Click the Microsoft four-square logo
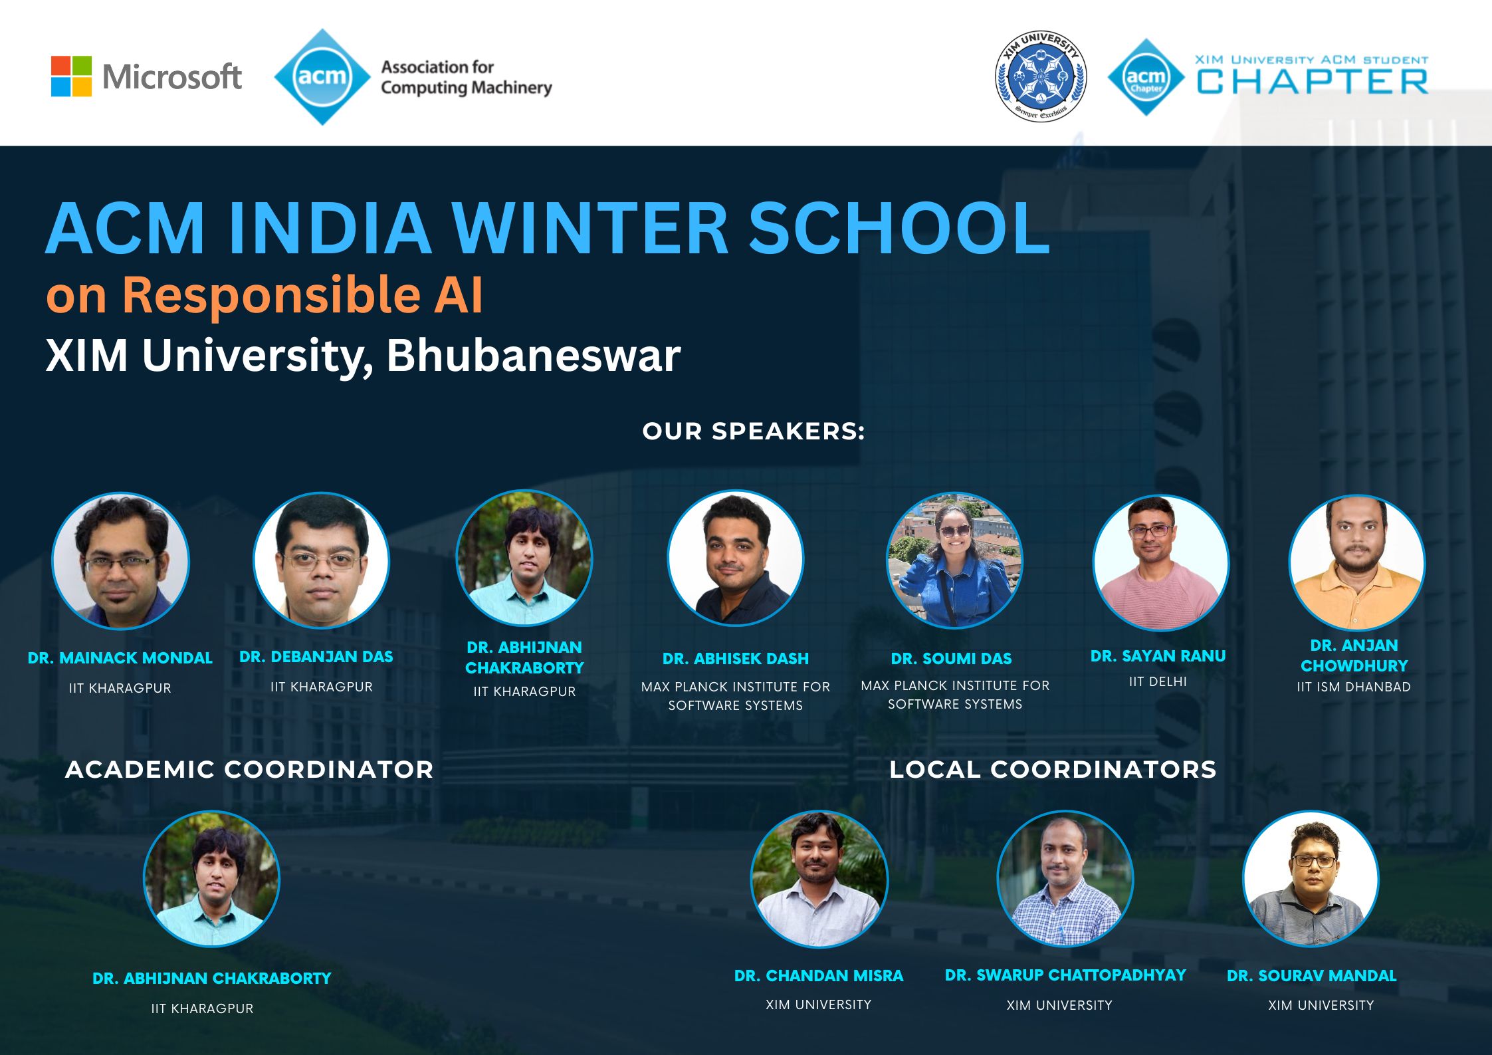[x=71, y=76]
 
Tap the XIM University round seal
[x=1041, y=76]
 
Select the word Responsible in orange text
[x=271, y=294]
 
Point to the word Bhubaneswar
[x=533, y=355]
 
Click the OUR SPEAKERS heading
[x=754, y=431]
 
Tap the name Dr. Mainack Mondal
[x=120, y=658]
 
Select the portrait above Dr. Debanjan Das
[x=322, y=560]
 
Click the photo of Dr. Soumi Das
[x=955, y=560]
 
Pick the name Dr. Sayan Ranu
[x=1158, y=656]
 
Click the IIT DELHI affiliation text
[x=1158, y=681]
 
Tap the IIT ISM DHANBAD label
[x=1354, y=687]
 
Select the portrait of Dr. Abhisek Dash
[x=736, y=559]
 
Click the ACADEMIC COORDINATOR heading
[x=249, y=770]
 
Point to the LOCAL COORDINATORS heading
[x=1053, y=770]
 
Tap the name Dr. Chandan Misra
[x=818, y=976]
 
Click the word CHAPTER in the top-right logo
[x=1312, y=82]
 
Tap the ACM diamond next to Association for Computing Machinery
[x=322, y=76]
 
